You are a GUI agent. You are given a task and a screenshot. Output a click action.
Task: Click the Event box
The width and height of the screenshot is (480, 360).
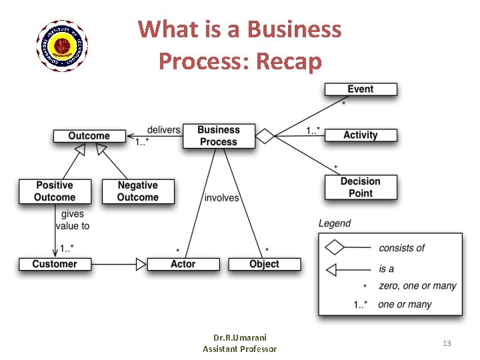[361, 89]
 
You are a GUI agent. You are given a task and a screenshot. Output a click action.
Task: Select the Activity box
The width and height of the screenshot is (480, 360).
[361, 135]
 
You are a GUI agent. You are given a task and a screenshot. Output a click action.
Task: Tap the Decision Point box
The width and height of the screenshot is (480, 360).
[361, 187]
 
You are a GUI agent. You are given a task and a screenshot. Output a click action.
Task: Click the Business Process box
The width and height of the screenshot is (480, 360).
[218, 136]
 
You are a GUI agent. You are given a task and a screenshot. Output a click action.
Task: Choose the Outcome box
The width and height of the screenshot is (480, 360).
[89, 136]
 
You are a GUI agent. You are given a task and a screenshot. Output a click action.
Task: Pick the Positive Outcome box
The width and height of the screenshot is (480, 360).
[55, 191]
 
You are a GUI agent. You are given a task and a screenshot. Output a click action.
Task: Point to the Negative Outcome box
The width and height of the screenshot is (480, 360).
[138, 191]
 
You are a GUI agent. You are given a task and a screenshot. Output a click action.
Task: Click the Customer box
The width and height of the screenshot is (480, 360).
[55, 264]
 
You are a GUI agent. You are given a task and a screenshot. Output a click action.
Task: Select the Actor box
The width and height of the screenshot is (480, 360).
[183, 264]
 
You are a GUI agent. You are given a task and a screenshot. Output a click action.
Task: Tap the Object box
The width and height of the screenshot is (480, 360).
[264, 264]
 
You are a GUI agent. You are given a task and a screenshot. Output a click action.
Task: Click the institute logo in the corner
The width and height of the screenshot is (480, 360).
[61, 45]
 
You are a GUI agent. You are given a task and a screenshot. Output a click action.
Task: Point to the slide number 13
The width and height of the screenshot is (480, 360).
[447, 343]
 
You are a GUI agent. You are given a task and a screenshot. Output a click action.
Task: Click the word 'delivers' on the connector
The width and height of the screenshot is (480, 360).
[163, 129]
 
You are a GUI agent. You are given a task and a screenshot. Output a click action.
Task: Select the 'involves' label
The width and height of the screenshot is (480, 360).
[221, 198]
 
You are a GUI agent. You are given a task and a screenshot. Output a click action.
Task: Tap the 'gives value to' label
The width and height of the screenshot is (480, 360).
[74, 220]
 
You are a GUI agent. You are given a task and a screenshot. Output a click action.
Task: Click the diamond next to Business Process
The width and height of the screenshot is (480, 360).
[265, 136]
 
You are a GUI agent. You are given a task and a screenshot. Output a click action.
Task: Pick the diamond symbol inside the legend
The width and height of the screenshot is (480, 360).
[334, 248]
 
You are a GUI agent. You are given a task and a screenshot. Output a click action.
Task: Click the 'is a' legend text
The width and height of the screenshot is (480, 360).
[387, 269]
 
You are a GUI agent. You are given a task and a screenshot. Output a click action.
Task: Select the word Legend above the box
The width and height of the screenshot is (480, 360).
[335, 223]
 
